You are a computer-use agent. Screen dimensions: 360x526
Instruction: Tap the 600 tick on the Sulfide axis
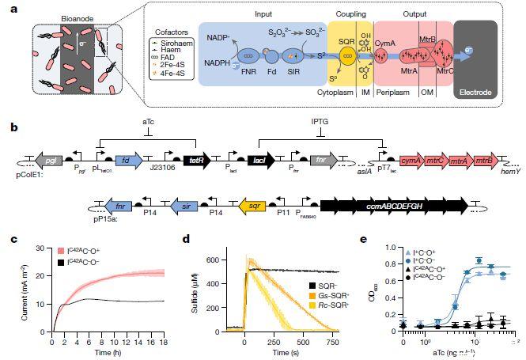pos(212,260)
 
